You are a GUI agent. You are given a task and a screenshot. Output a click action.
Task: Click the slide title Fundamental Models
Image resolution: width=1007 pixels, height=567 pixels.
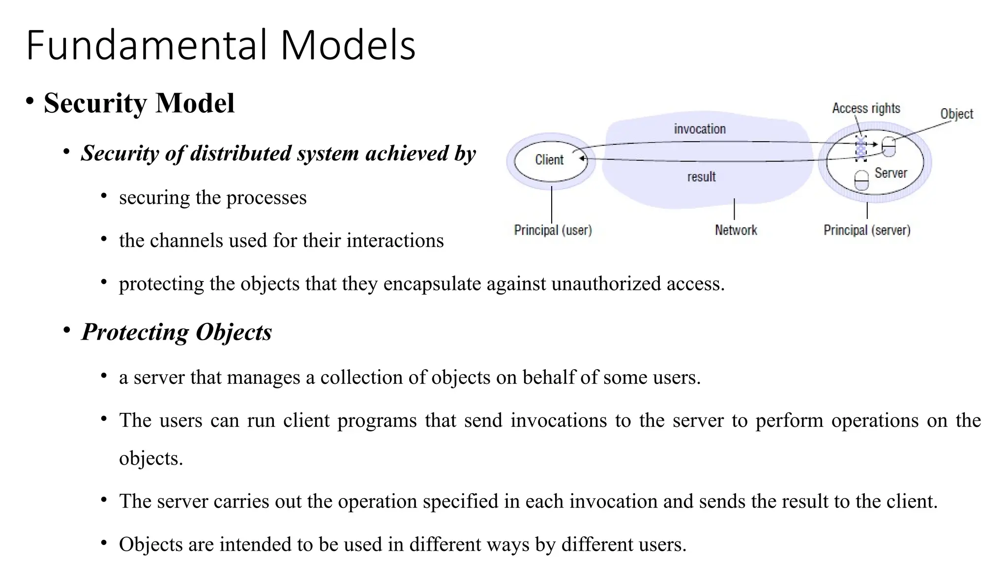pyautogui.click(x=221, y=45)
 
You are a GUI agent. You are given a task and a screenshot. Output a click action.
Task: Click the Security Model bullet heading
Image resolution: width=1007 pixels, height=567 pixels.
pyautogui.click(x=139, y=103)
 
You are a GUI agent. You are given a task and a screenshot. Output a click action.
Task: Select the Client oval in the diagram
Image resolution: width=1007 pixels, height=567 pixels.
pyautogui.click(x=550, y=160)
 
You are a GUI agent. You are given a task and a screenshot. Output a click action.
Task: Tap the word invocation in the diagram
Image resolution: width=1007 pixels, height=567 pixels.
pyautogui.click(x=700, y=129)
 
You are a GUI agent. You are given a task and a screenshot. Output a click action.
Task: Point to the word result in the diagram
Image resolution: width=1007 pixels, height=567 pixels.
pyautogui.click(x=701, y=177)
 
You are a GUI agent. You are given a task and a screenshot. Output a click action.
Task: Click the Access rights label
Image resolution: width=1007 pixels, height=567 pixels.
pyautogui.click(x=866, y=108)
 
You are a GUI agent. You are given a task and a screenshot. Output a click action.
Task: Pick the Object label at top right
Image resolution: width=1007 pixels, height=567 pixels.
pyautogui.click(x=956, y=114)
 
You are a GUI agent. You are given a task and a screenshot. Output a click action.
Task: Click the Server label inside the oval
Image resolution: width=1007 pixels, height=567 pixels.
pyautogui.click(x=890, y=173)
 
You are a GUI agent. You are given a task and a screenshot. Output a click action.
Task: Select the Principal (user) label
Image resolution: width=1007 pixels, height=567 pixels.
pyautogui.click(x=553, y=230)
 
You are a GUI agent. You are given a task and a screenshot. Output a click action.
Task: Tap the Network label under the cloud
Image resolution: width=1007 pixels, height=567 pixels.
pyautogui.click(x=736, y=230)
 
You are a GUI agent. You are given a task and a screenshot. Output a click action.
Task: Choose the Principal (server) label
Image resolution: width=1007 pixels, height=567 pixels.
pyautogui.click(x=867, y=230)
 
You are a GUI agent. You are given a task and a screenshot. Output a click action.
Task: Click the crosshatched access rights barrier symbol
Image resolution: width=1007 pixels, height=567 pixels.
pyautogui.click(x=860, y=148)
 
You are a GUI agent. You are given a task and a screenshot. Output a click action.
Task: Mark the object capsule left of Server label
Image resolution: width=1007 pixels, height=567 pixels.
pyautogui.click(x=861, y=180)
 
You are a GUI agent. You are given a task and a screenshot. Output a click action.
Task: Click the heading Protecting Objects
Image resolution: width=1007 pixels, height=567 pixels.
pyautogui.click(x=177, y=332)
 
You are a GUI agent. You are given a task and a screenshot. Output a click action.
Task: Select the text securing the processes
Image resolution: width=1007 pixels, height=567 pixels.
pyautogui.click(x=212, y=198)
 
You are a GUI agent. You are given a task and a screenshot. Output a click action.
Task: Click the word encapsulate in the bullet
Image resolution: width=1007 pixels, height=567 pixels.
pyautogui.click(x=432, y=284)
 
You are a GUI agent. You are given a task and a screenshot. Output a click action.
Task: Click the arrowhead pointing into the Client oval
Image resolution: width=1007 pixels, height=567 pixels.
pyautogui.click(x=582, y=158)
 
